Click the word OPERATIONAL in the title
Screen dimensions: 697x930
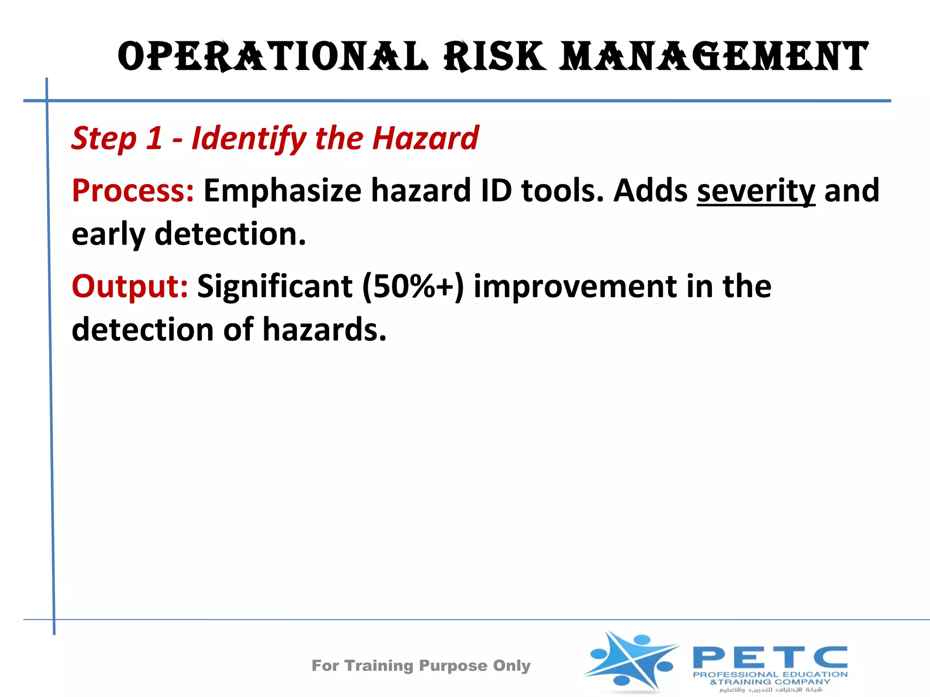[272, 57]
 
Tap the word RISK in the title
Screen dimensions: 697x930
[495, 57]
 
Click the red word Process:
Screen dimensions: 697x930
[133, 191]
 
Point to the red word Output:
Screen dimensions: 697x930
[130, 286]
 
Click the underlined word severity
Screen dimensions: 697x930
[756, 191]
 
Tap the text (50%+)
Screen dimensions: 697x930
[413, 286]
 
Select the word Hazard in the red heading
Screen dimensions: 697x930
[425, 138]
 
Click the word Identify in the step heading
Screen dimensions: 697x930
[249, 138]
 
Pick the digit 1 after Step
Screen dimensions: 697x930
[153, 138]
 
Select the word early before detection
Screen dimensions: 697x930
[108, 235]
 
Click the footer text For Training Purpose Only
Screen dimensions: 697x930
[421, 665]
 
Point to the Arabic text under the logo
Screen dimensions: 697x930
[771, 690]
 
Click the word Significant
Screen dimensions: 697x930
[275, 286]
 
